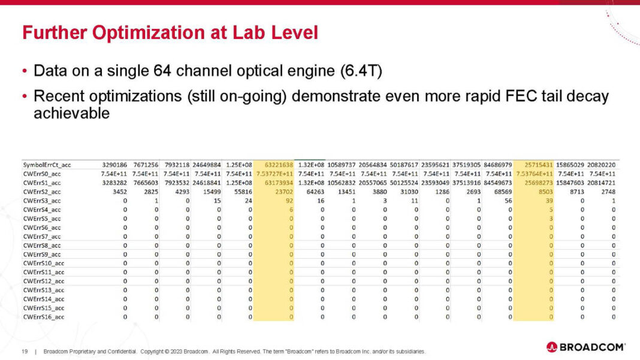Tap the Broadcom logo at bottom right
point(585,347)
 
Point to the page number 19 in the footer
point(25,351)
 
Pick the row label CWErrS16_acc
point(43,317)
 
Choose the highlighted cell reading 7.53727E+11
point(274,174)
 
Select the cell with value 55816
point(242,192)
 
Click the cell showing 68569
point(501,192)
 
